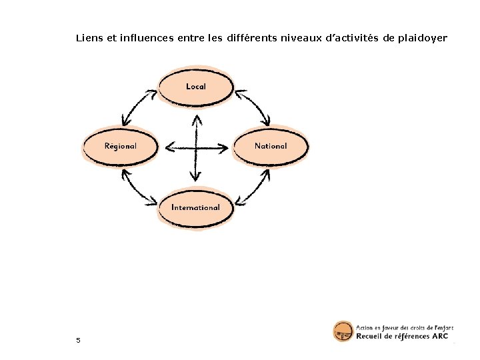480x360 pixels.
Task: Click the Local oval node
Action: (195, 87)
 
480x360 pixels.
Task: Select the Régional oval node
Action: (120, 146)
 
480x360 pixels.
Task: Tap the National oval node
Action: (271, 146)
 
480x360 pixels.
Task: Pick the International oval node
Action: (195, 207)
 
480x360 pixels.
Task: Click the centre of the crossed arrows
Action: (195, 147)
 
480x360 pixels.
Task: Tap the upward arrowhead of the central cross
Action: (196, 120)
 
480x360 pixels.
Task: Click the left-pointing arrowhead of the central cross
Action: (168, 147)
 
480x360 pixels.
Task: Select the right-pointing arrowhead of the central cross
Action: (225, 147)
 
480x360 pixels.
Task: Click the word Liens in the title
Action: (89, 38)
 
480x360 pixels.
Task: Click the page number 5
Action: (78, 341)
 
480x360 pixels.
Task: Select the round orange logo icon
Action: (343, 332)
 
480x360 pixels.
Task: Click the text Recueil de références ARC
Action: (402, 337)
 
